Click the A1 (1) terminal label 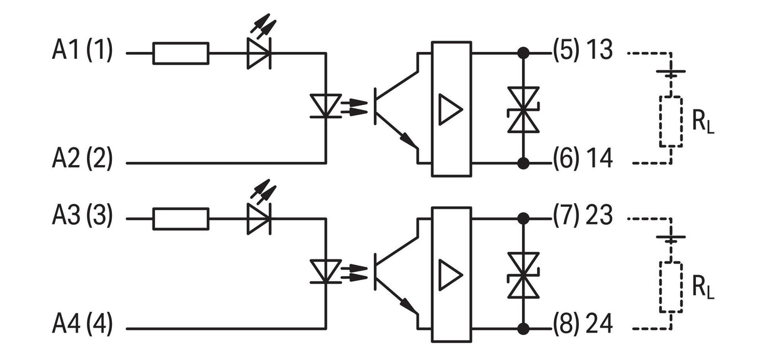[x=82, y=50]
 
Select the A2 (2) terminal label [x=82, y=159]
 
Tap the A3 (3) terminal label [x=82, y=216]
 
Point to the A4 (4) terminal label [x=82, y=324]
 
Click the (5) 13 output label [x=583, y=50]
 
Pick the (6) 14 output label [x=583, y=159]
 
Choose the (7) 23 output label [x=583, y=216]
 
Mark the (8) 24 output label [x=583, y=324]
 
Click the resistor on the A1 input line [x=181, y=53]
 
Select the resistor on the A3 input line [x=181, y=219]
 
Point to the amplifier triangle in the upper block [x=450, y=109]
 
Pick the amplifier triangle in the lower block [x=450, y=275]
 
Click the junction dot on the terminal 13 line [x=523, y=53]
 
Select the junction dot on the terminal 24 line [x=523, y=329]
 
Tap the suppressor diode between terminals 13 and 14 [x=523, y=109]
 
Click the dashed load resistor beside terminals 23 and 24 [x=671, y=287]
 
